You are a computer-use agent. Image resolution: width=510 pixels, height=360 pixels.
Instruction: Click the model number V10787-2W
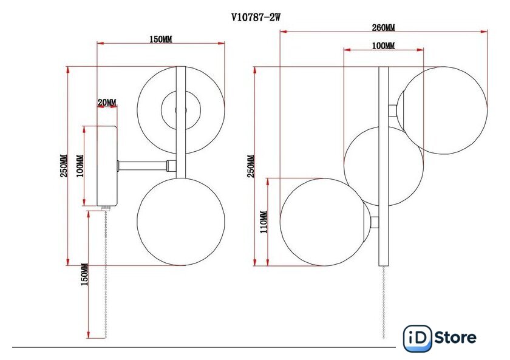click(256, 17)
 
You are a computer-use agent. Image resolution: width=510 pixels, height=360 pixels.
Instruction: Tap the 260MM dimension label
click(384, 28)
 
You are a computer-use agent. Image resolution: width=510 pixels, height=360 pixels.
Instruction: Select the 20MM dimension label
click(107, 103)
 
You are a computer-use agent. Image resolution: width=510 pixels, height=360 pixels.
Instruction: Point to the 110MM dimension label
click(263, 222)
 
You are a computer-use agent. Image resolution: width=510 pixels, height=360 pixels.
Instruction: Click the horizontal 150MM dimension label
click(161, 39)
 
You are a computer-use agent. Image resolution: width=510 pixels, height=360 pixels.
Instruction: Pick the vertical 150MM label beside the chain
click(84, 274)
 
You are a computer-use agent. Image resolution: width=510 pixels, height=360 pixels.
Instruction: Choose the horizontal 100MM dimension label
click(384, 46)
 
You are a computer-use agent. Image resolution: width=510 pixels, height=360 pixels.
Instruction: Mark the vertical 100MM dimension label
click(80, 166)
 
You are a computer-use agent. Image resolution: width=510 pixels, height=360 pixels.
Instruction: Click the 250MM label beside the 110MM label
click(251, 166)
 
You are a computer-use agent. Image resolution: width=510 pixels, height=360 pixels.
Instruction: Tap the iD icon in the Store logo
click(418, 338)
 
